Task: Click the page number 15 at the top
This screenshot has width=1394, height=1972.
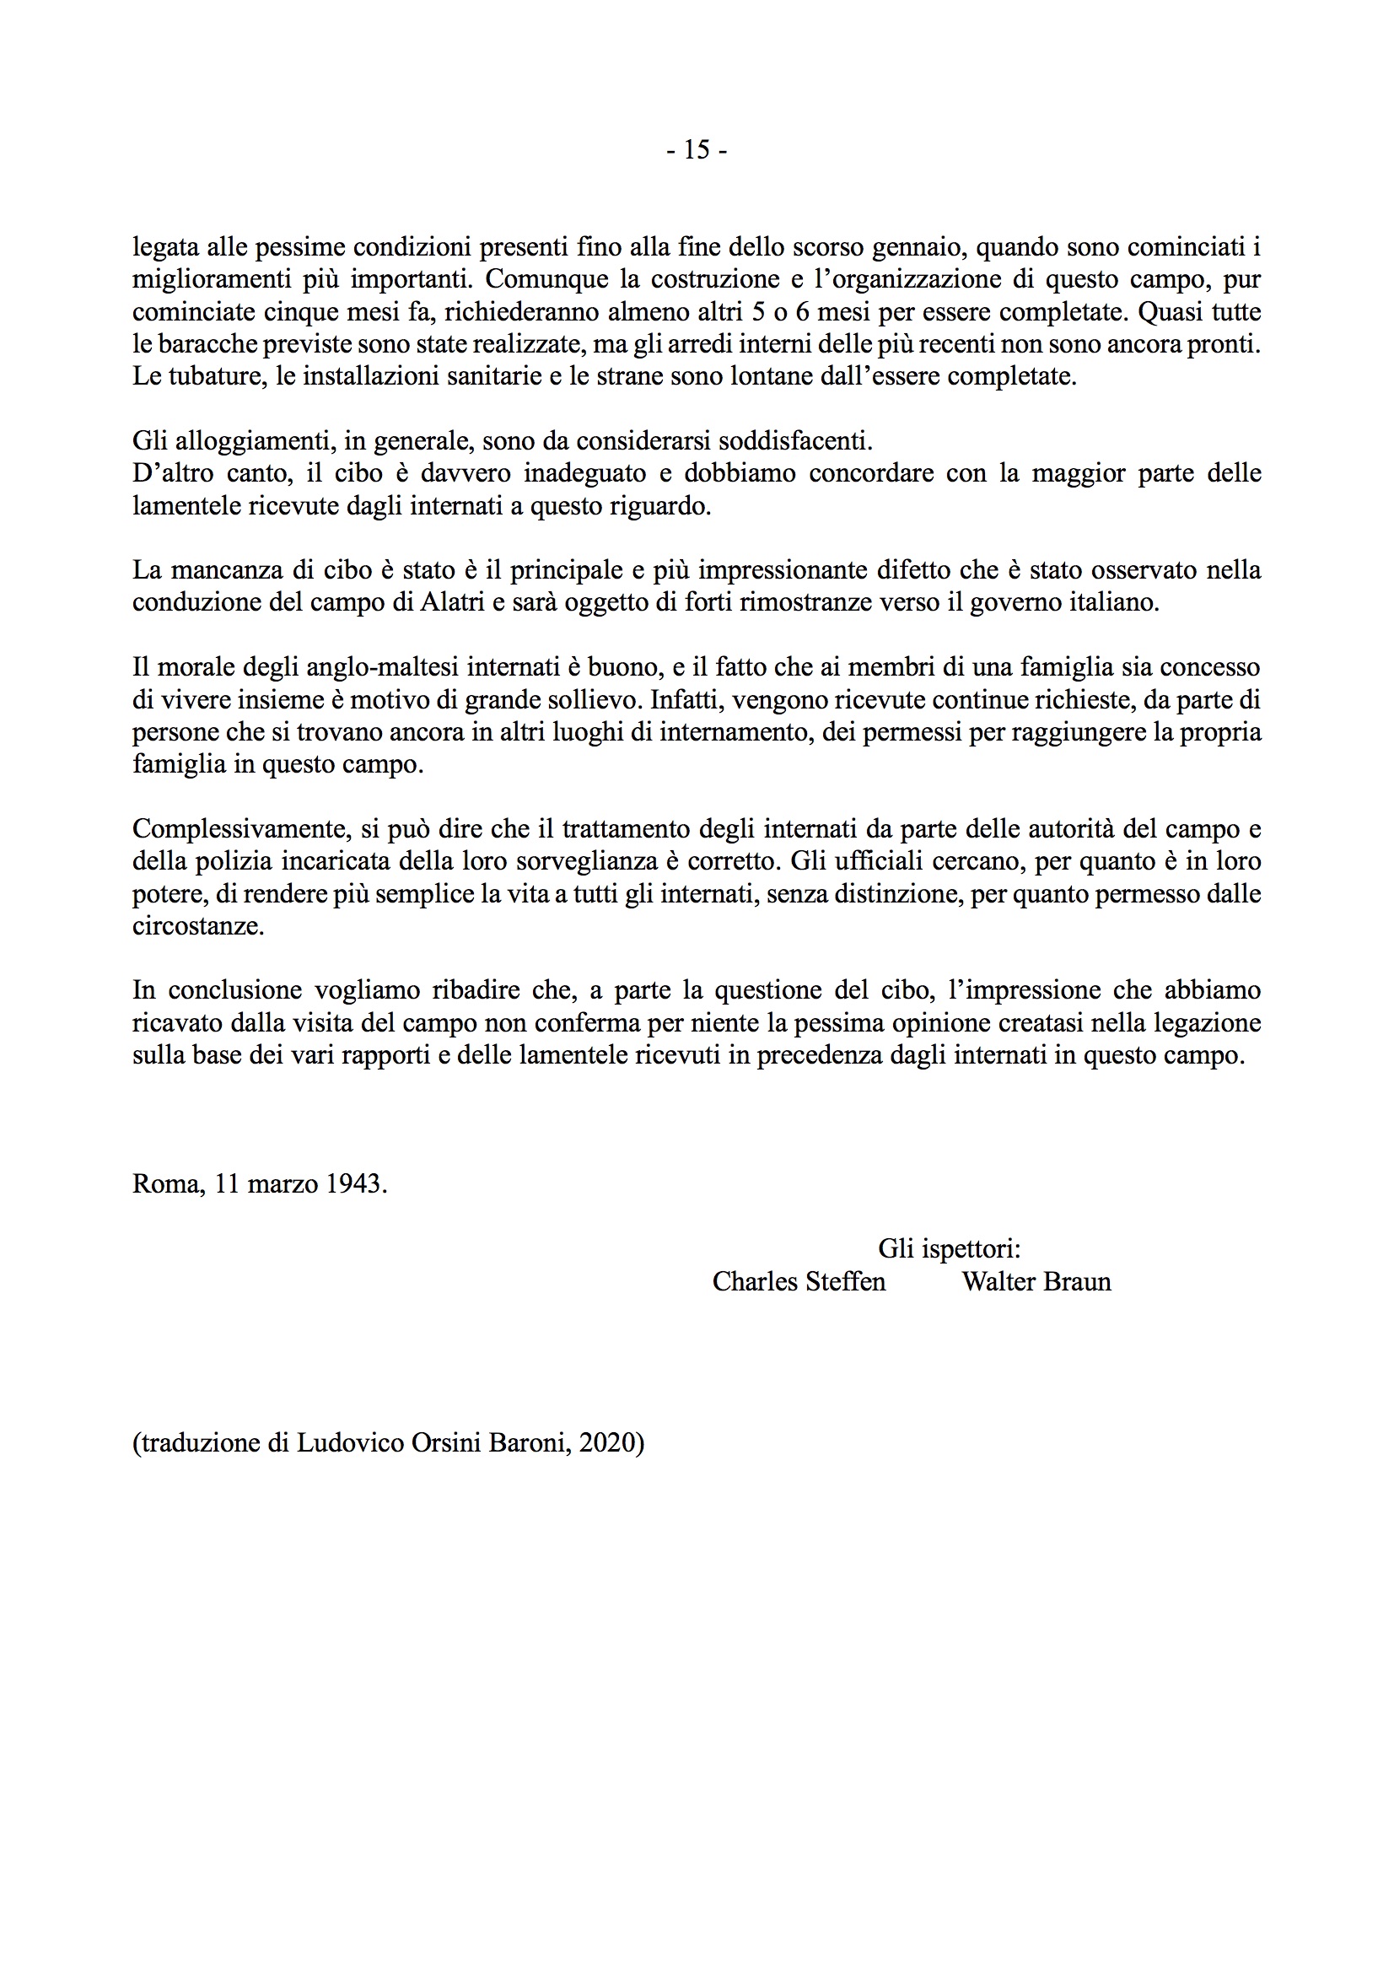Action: click(x=697, y=150)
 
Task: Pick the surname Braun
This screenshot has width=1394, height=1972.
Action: click(x=1077, y=1281)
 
